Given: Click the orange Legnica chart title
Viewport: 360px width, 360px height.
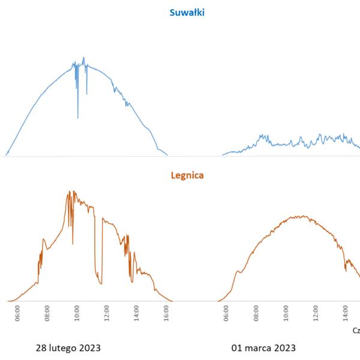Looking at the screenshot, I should point(187,175).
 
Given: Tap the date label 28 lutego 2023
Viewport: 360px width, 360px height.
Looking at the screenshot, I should point(68,348).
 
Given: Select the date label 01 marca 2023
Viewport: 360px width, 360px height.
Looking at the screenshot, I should point(263,348).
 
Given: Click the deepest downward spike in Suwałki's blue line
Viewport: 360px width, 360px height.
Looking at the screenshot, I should point(77,118).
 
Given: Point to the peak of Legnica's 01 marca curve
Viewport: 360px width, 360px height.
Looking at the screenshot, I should point(304,216).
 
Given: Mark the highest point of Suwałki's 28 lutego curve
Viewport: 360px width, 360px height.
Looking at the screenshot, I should point(83,58).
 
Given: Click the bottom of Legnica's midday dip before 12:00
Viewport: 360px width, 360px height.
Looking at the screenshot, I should point(100,283).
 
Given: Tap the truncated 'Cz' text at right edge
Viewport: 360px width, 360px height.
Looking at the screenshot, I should point(356,331).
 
